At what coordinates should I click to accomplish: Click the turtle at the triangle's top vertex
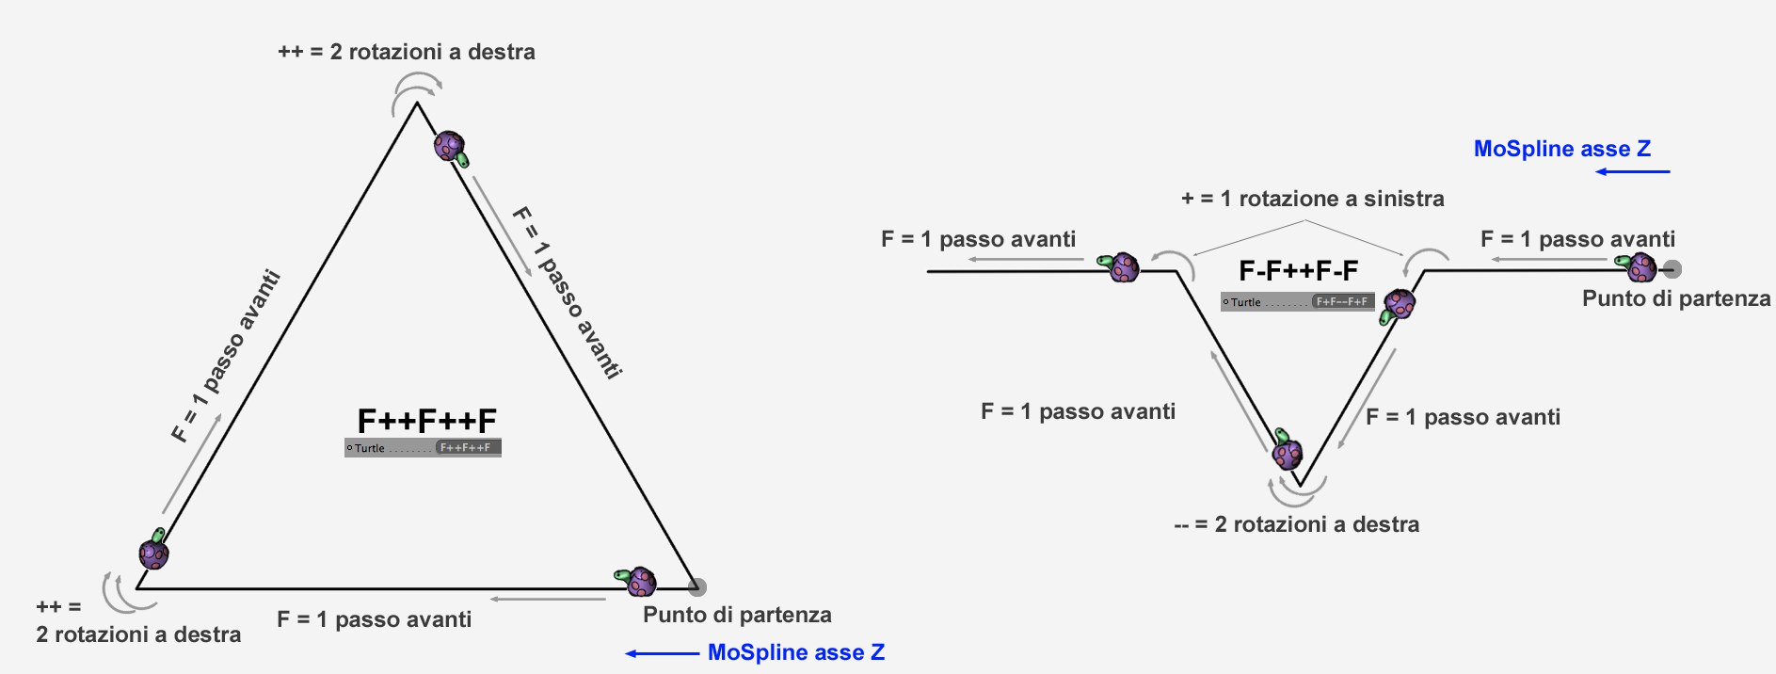pos(451,148)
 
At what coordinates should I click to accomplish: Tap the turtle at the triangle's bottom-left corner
pos(154,550)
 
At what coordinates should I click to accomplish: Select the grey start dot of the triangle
pos(697,587)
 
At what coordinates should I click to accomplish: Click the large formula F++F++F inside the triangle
pos(426,420)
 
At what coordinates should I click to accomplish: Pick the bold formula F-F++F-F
pos(1298,271)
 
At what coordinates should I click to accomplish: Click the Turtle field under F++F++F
pos(423,448)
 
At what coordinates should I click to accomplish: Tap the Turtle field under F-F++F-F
pos(1298,302)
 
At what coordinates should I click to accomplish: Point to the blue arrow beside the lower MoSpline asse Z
pos(663,653)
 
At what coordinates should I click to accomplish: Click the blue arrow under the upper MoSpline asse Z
pos(1633,171)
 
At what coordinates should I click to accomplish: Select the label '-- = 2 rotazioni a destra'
pos(1297,524)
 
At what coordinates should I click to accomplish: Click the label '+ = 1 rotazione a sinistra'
pos(1312,199)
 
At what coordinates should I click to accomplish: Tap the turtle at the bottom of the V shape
pos(1287,450)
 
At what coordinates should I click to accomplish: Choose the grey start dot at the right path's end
pos(1672,269)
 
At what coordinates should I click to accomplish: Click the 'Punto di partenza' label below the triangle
pos(737,615)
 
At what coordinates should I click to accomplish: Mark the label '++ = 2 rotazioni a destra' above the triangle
pos(407,52)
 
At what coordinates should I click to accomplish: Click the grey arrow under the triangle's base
pos(548,599)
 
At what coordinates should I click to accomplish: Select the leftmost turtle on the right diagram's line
pos(1120,267)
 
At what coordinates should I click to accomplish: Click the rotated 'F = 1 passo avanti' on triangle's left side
pos(226,356)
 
